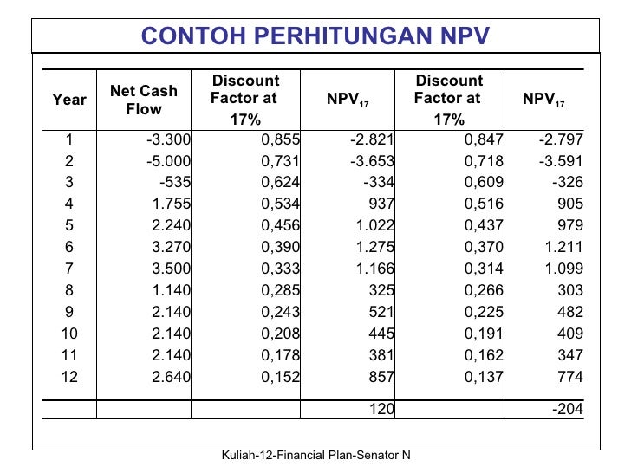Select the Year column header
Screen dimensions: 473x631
[69, 100]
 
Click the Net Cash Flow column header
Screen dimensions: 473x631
[144, 100]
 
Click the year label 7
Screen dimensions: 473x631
[69, 269]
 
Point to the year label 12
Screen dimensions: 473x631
[69, 376]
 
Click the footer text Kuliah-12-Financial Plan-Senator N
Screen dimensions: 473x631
[315, 457]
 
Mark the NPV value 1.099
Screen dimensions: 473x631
[564, 269]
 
